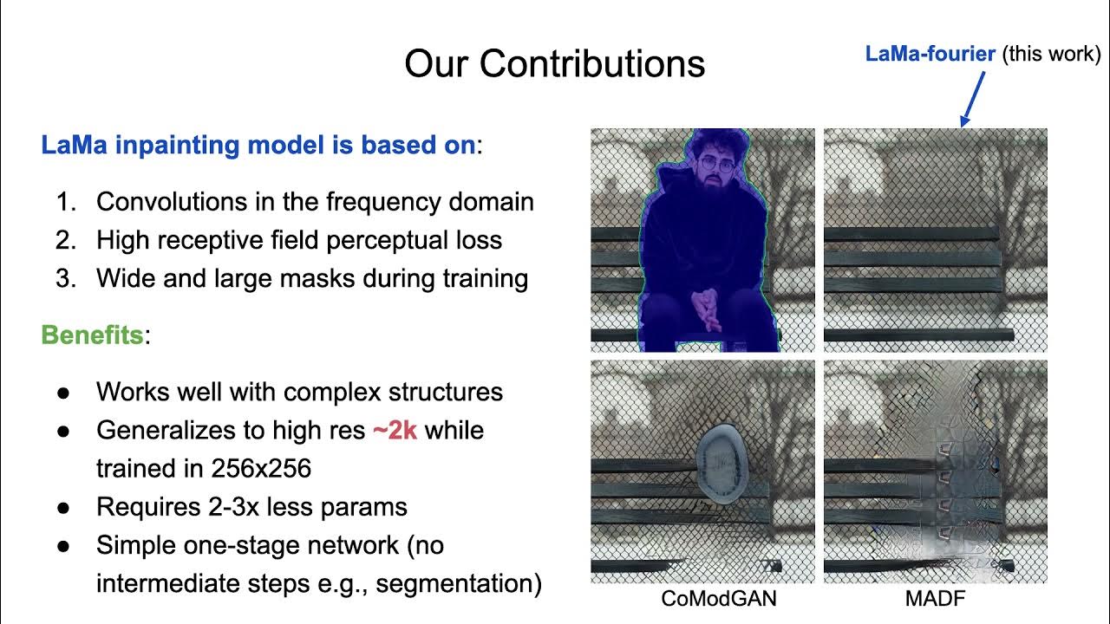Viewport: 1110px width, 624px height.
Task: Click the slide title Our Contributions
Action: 555,64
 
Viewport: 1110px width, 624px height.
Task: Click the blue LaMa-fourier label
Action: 930,54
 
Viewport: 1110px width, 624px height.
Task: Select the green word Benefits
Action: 92,335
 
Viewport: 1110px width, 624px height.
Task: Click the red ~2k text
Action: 395,430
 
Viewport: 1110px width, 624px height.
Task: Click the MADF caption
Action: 935,599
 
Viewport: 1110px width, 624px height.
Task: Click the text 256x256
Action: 261,468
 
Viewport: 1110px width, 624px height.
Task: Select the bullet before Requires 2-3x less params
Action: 63,506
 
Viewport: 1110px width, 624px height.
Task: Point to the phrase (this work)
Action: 1051,54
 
